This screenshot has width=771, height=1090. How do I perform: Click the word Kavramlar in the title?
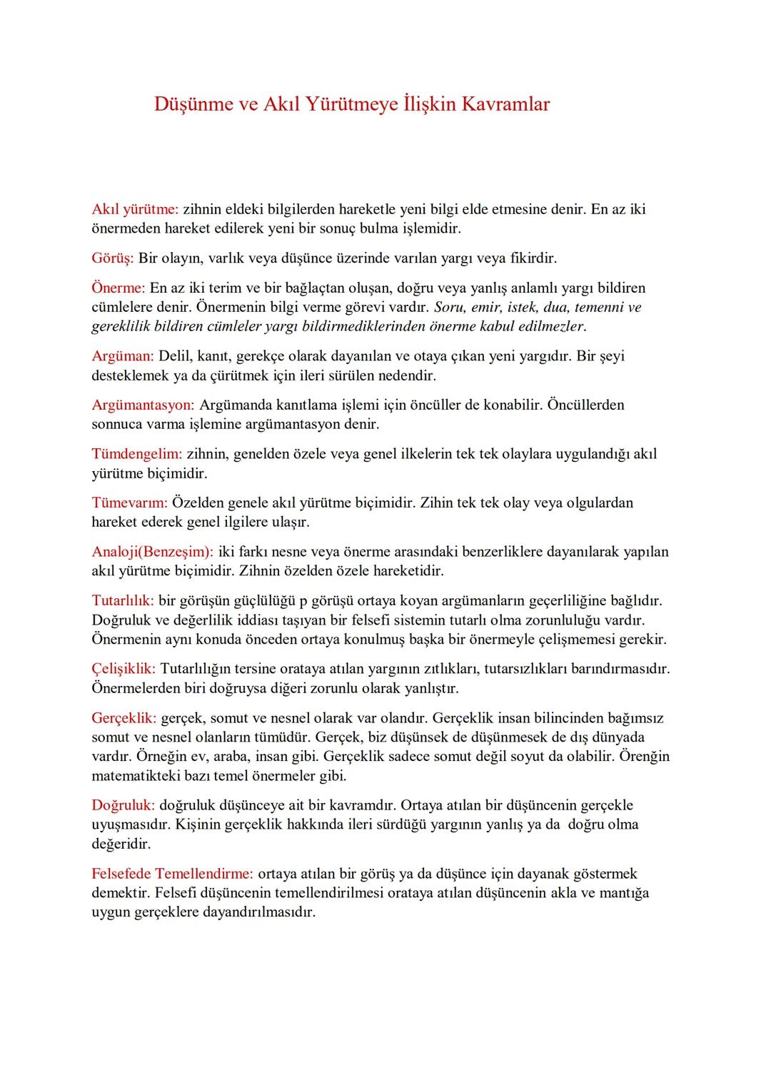coord(505,104)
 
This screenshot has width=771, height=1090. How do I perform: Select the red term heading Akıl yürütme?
coord(135,209)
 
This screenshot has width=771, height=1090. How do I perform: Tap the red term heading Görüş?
coord(113,258)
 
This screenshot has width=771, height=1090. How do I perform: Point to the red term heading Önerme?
coord(119,288)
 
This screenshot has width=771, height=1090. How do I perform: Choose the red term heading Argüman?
coord(123,355)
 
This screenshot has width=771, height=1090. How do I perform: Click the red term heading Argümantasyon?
coord(143,405)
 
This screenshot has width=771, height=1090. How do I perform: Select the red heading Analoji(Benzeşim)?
coord(153,552)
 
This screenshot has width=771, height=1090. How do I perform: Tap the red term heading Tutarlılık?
coord(123,600)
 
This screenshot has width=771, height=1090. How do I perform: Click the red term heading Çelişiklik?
coord(124,669)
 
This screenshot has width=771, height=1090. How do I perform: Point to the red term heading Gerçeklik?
coord(124,717)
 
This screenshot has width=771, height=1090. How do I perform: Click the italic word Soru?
coord(450,308)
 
